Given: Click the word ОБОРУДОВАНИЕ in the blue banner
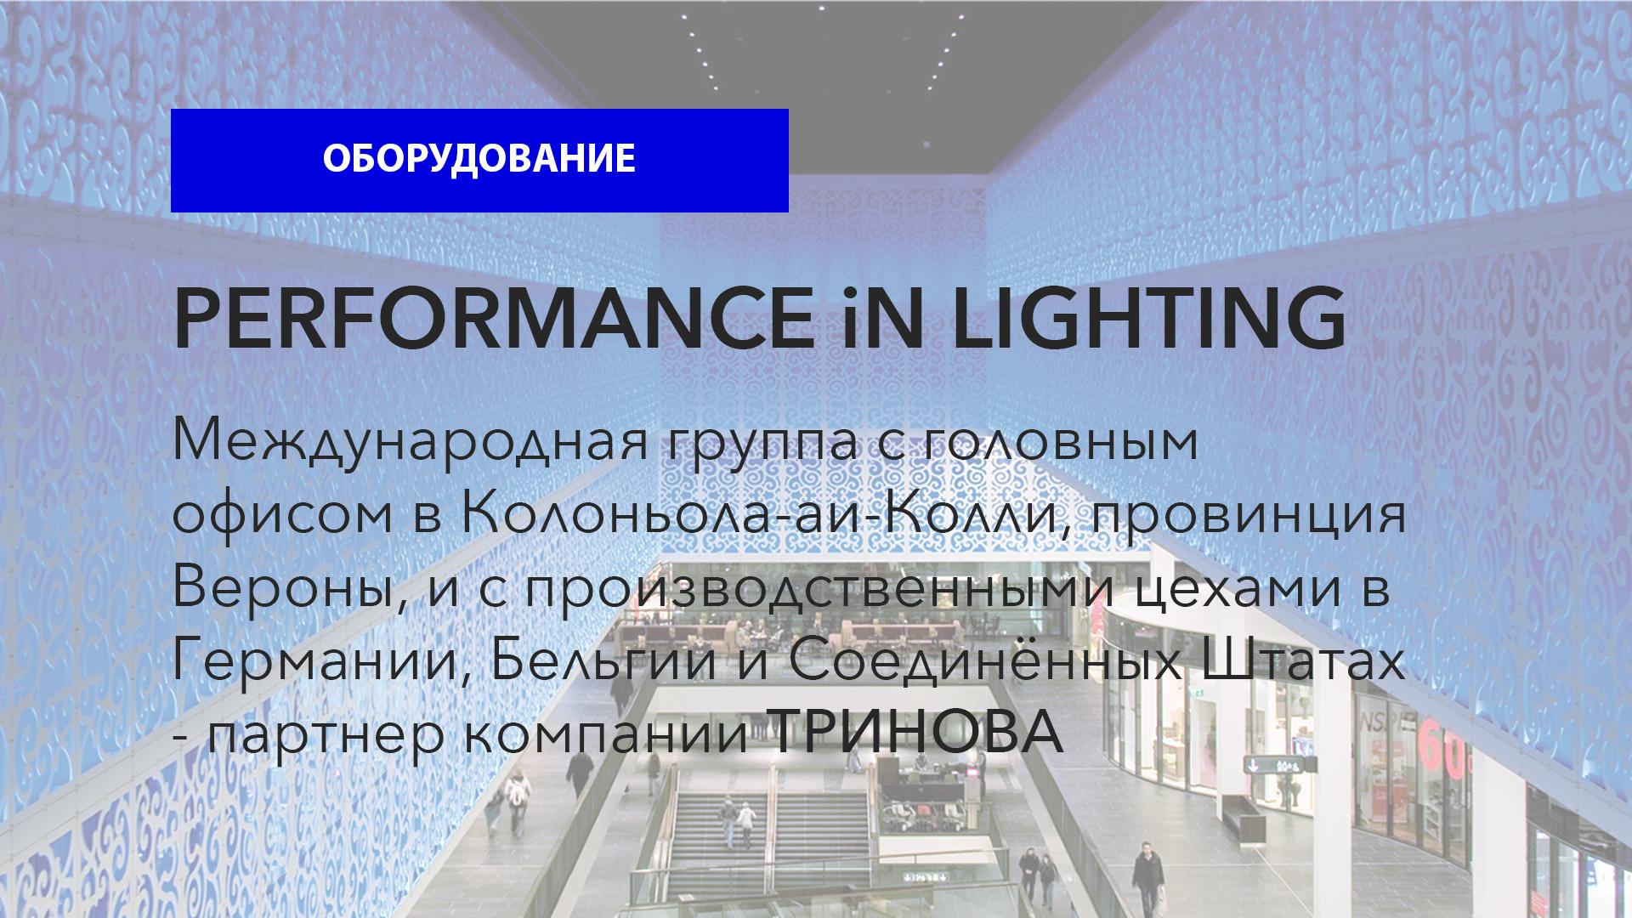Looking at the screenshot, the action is [479, 159].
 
